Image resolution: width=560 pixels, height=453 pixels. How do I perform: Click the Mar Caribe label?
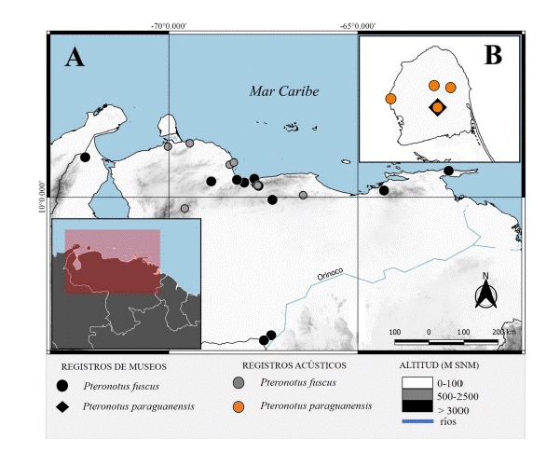click(x=283, y=91)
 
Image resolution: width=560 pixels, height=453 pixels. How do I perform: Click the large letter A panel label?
click(x=75, y=58)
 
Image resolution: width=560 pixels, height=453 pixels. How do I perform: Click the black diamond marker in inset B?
click(x=437, y=108)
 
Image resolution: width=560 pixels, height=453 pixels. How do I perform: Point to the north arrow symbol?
click(x=485, y=294)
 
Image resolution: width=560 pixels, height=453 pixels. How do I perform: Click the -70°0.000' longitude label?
click(x=168, y=25)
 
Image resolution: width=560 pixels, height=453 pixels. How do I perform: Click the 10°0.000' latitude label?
click(x=41, y=197)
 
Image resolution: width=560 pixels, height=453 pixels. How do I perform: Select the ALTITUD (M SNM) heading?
click(x=442, y=364)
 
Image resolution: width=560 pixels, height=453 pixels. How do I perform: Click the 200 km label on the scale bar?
click(x=503, y=331)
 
